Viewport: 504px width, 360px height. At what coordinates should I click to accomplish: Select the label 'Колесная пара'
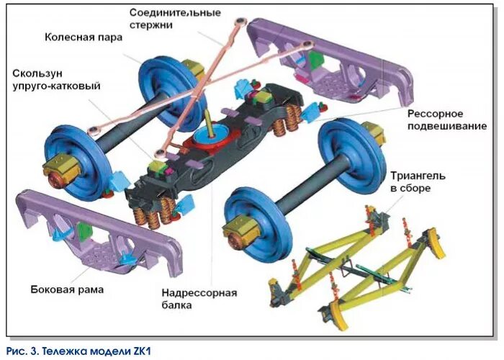tap(84, 37)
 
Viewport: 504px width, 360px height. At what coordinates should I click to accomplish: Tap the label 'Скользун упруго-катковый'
tap(55, 79)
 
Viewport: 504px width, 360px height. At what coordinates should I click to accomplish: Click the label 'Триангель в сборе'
tap(420, 181)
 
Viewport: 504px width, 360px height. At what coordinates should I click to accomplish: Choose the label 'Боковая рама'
tap(67, 289)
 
